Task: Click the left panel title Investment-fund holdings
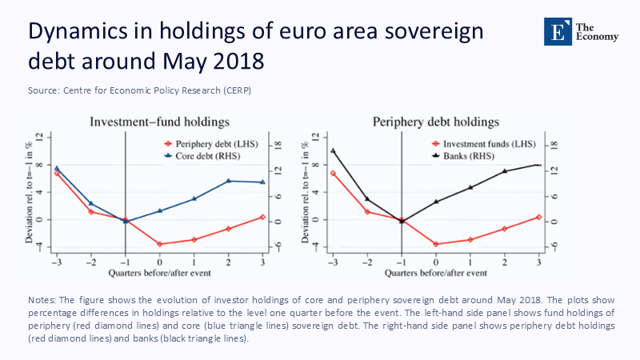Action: click(x=159, y=122)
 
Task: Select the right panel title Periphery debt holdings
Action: click(x=436, y=122)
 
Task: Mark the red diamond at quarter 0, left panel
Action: click(x=160, y=244)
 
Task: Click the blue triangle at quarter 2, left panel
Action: click(x=229, y=181)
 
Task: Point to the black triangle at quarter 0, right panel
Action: click(x=436, y=202)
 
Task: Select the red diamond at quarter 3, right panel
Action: click(x=538, y=217)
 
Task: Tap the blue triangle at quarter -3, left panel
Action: click(x=57, y=168)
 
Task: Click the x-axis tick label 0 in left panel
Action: click(x=160, y=262)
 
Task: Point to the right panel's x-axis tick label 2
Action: click(x=505, y=262)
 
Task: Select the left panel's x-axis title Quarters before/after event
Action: click(x=159, y=273)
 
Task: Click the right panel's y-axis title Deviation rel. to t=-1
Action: click(x=307, y=196)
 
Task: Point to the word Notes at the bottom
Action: click(x=42, y=299)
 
